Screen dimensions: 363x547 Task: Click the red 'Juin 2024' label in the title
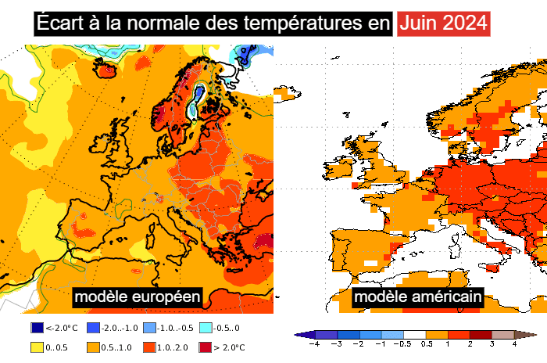tap(443, 23)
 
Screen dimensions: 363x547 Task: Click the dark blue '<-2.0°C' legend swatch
tap(37, 328)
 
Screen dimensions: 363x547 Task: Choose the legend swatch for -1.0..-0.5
tap(152, 328)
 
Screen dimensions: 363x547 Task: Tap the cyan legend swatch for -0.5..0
tap(206, 328)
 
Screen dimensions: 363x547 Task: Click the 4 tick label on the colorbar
tap(514, 343)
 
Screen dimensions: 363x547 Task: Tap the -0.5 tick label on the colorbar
tap(402, 343)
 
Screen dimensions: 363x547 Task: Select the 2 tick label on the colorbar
tap(470, 343)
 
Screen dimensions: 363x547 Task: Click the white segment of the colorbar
tap(414, 335)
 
